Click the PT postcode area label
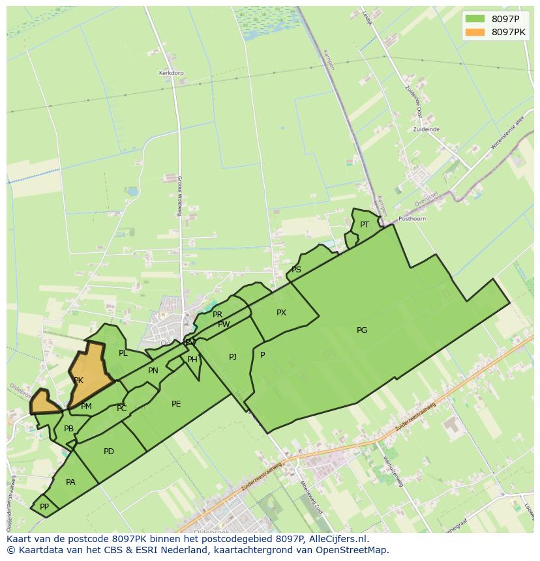(365, 225)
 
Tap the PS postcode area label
(296, 270)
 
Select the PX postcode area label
(281, 313)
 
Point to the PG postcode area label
(362, 330)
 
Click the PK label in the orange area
(78, 381)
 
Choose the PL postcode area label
(123, 353)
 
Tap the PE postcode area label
(176, 404)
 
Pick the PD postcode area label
(109, 452)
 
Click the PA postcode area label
(70, 482)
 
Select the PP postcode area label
(44, 506)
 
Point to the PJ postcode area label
(233, 356)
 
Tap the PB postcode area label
(68, 429)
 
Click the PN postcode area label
(153, 371)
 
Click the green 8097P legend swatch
(475, 19)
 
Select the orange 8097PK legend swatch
(475, 32)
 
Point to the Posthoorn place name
(412, 219)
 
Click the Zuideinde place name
(426, 130)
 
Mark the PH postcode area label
(192, 360)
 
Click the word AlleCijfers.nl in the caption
(340, 539)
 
